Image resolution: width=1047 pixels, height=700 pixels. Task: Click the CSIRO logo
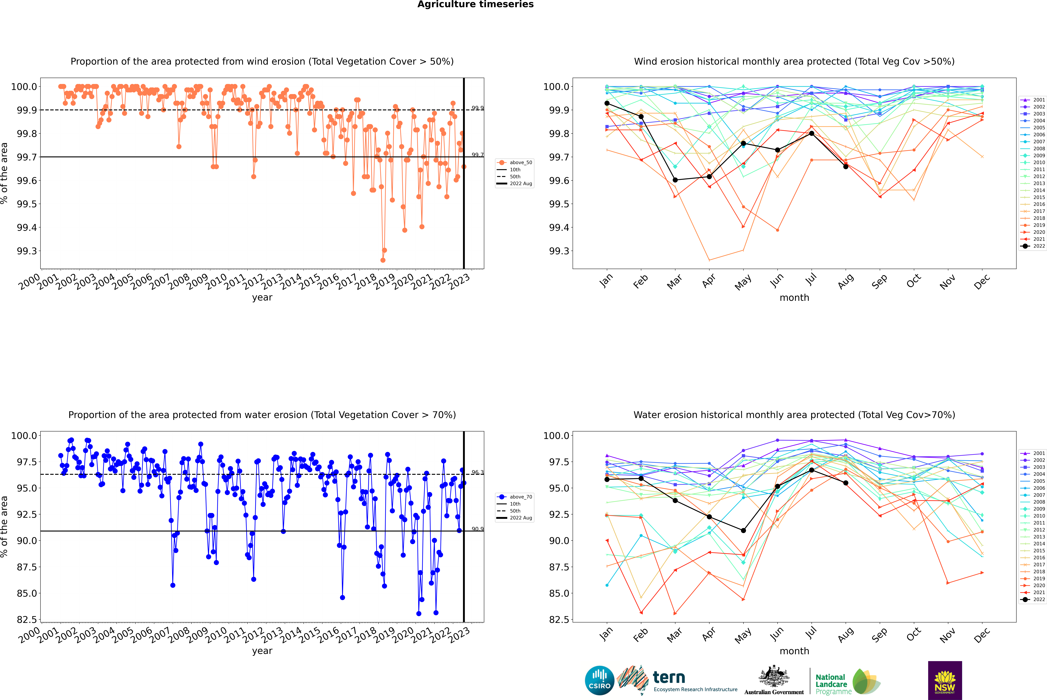[x=599, y=680]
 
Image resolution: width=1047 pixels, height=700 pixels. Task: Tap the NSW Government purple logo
[x=945, y=680]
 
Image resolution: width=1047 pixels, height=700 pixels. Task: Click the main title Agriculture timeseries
[x=475, y=4]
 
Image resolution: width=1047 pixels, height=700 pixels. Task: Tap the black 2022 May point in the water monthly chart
[x=743, y=530]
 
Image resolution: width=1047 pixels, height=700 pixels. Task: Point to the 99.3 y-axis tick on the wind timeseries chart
[x=27, y=251]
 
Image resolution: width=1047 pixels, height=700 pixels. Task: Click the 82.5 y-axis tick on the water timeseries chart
[x=27, y=620]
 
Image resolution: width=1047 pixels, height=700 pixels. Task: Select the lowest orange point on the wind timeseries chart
[x=382, y=260]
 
